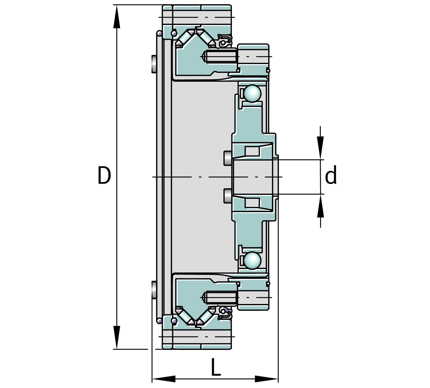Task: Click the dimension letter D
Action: (104, 176)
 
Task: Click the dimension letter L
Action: (216, 367)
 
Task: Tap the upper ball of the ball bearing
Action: (252, 93)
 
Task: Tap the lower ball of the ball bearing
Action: (252, 260)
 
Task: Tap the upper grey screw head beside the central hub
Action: (227, 158)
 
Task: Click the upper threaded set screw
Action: (220, 57)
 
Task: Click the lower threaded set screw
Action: (220, 297)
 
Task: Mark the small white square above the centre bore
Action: (252, 151)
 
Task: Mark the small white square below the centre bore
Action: (252, 203)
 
